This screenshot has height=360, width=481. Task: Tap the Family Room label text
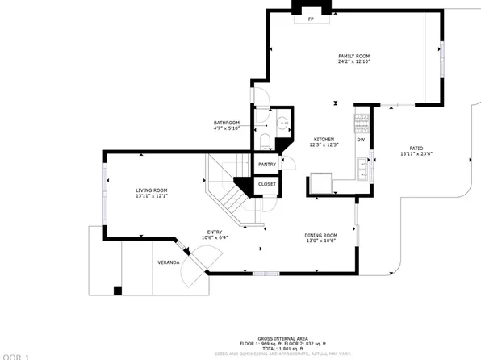point(353,56)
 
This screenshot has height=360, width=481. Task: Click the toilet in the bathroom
point(265,141)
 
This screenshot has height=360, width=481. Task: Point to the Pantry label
point(267,165)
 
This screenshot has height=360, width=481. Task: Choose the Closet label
point(267,184)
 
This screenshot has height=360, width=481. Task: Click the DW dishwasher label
point(361,140)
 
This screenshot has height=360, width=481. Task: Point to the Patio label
point(416,149)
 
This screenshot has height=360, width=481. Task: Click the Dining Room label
point(321,235)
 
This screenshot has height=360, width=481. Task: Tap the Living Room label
point(151,190)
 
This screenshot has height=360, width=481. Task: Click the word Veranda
point(167,262)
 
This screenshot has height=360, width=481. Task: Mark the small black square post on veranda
point(118,291)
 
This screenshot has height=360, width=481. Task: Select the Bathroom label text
point(227,123)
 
